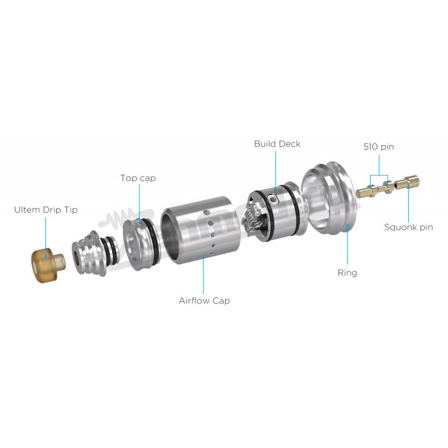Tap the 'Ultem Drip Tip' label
[x=46, y=209]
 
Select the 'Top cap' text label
[x=138, y=178]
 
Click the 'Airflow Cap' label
[x=204, y=301]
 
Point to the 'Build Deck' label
[x=277, y=144]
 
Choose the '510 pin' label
[x=379, y=147]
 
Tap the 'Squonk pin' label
[x=409, y=227]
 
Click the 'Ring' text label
[x=347, y=273]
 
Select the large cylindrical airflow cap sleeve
[x=200, y=230]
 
